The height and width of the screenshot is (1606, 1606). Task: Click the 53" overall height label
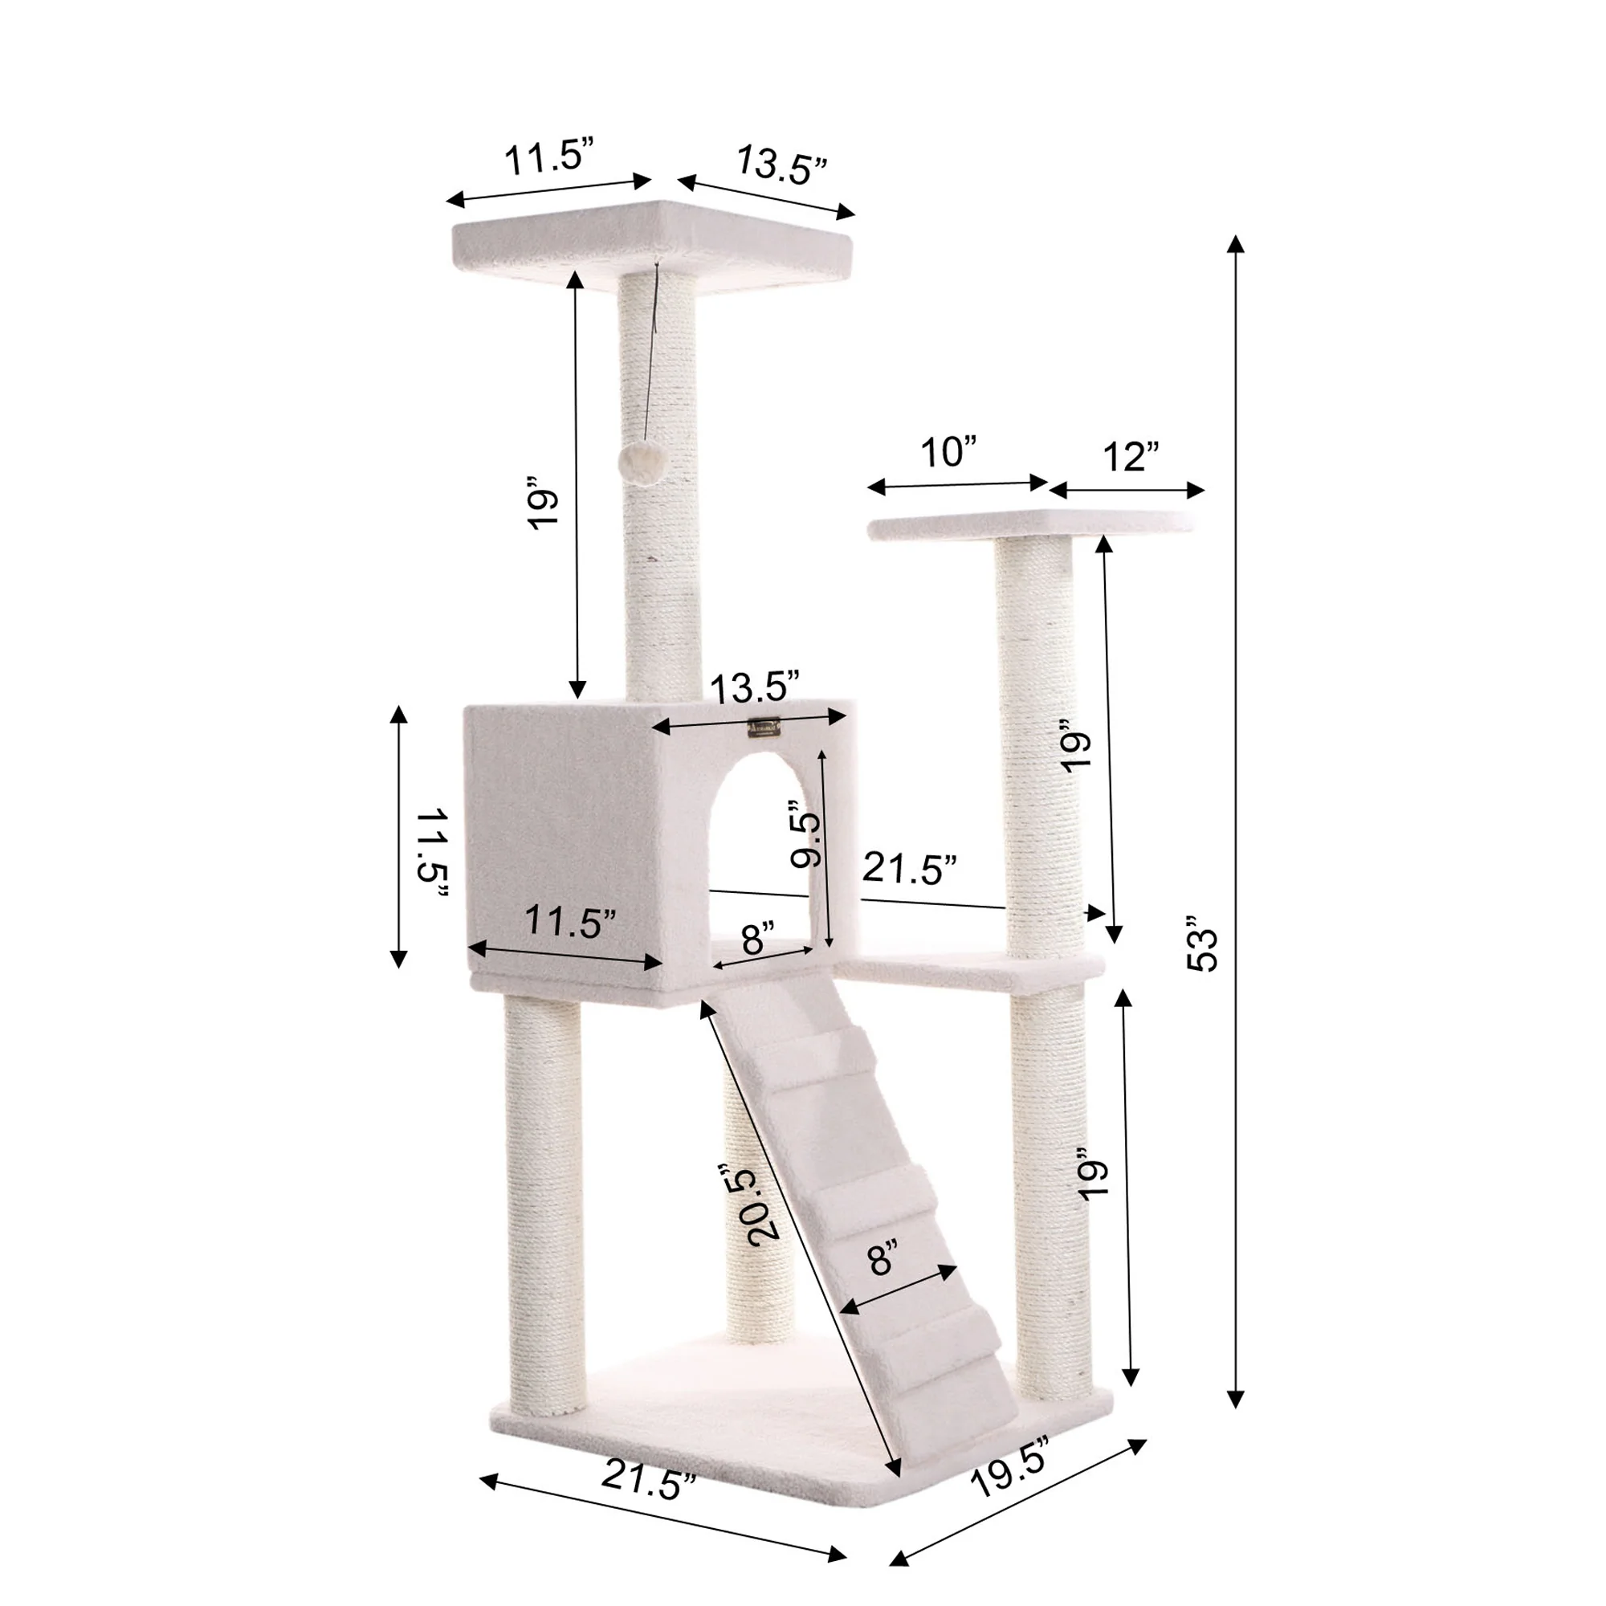(1202, 944)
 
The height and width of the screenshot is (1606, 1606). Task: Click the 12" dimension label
(1131, 457)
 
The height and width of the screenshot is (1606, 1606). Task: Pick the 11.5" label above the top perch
(549, 158)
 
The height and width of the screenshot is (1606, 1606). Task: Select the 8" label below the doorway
(758, 940)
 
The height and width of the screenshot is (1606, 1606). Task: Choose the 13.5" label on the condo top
(755, 687)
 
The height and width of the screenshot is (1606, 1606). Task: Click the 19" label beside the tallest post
(542, 503)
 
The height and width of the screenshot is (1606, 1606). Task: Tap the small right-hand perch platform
(1031, 524)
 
